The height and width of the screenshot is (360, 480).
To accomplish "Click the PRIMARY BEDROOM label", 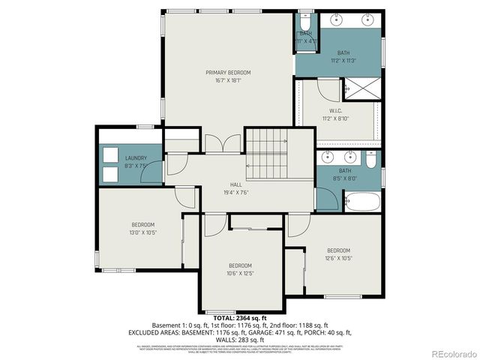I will click(x=228, y=72).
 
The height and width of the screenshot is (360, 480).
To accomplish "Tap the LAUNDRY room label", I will click(x=136, y=158).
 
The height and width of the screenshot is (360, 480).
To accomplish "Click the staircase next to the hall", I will click(x=268, y=153).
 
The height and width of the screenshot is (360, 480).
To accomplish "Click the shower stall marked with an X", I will click(x=361, y=88).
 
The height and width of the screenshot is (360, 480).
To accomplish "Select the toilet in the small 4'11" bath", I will click(x=306, y=20).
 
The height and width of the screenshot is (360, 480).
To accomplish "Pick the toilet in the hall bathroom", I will click(x=370, y=160).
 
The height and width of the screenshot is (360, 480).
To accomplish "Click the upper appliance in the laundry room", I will click(x=111, y=155).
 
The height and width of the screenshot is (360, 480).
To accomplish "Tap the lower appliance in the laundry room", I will click(x=111, y=174).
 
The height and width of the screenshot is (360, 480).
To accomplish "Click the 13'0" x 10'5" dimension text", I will click(x=143, y=232).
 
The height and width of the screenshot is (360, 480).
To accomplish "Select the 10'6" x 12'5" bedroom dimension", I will click(x=240, y=273).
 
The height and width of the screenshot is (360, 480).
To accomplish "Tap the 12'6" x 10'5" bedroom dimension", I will click(x=338, y=258).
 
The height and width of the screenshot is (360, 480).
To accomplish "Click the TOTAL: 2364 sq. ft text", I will click(x=239, y=319).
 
